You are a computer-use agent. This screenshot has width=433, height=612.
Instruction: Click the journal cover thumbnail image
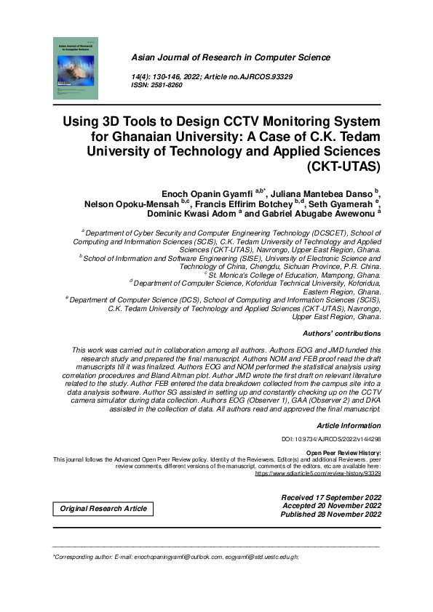(x=74, y=69)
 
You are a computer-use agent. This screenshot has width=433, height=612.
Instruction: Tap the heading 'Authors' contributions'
(x=341, y=333)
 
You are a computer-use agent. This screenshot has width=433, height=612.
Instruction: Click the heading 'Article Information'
(x=349, y=424)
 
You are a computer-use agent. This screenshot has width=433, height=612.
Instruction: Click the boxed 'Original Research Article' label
(x=103, y=509)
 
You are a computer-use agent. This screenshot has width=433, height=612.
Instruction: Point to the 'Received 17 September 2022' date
(x=331, y=496)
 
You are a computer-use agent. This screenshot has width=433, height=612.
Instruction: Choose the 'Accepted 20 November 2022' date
(x=332, y=505)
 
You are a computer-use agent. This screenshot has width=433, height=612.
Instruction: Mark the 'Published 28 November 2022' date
(x=331, y=514)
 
